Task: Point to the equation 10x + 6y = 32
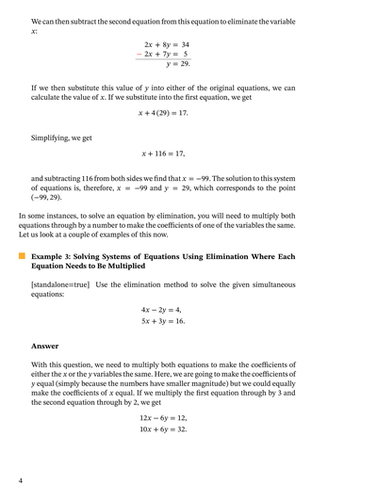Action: tap(163, 429)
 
